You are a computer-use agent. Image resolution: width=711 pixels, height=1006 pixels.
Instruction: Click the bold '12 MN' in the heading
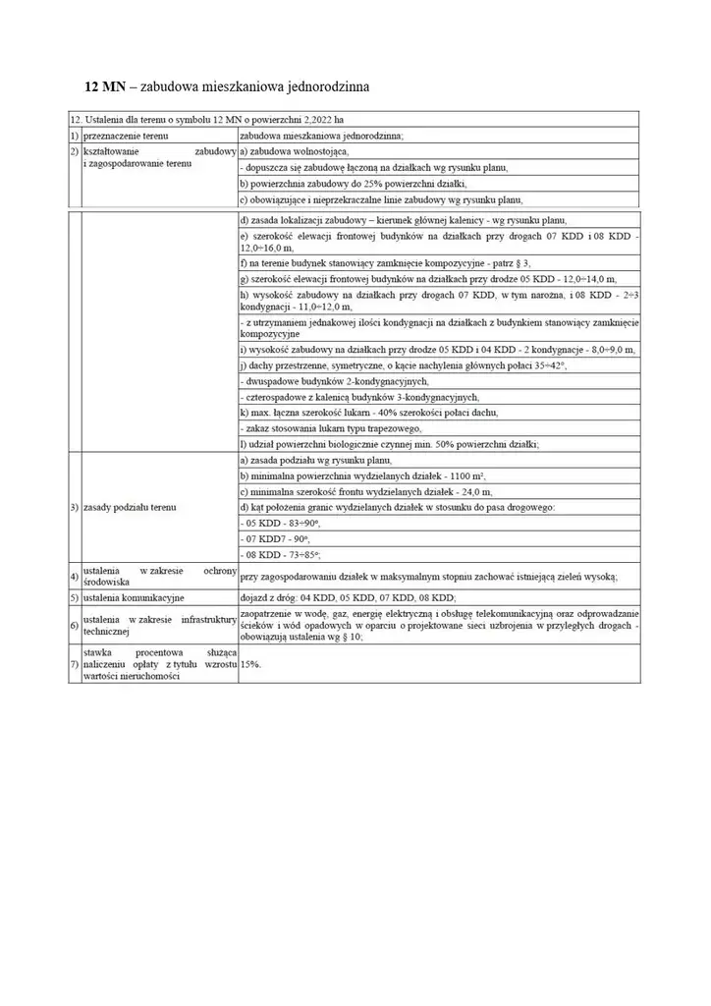104,87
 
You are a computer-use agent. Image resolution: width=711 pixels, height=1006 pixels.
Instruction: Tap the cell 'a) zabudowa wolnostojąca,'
294,152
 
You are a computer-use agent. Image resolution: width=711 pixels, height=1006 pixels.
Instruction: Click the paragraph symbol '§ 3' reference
522,264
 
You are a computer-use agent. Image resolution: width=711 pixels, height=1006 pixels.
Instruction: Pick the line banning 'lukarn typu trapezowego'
334,428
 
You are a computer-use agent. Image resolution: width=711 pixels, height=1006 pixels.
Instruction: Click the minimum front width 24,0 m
469,491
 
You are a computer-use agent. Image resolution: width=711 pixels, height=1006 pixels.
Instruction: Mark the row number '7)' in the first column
74,665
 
